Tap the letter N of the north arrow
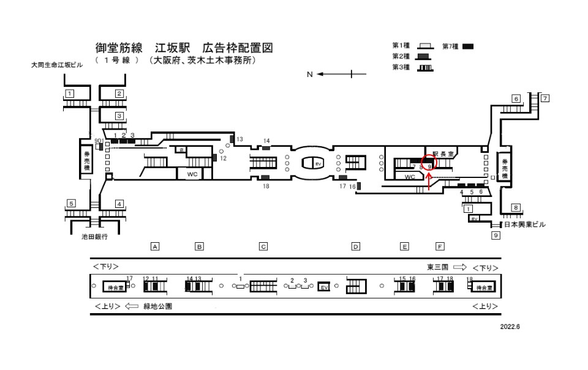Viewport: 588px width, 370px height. pos(310,75)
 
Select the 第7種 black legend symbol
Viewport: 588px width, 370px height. pos(468,46)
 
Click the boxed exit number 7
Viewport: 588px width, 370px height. pos(544,98)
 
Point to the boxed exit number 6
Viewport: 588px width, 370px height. pos(516,98)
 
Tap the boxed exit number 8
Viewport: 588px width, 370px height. pos(516,207)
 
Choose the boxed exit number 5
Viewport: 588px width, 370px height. pos(71,204)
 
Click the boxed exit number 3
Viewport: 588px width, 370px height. pos(119,115)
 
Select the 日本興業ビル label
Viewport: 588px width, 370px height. pos(524,224)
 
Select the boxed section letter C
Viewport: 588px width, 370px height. pos(263,246)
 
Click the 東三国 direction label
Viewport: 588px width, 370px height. pos(439,267)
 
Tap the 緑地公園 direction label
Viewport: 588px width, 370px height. pos(158,306)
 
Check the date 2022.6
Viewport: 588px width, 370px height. pos(509,327)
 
